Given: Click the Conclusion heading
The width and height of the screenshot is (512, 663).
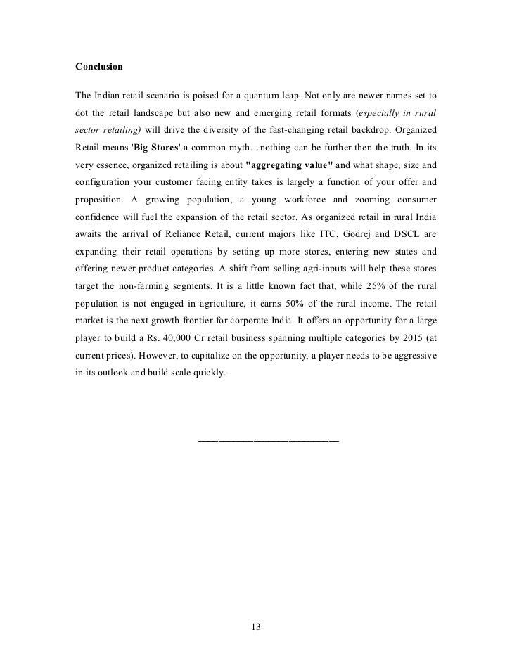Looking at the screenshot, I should pyautogui.click(x=99, y=67).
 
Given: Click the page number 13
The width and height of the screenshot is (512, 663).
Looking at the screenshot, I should pyautogui.click(x=256, y=627).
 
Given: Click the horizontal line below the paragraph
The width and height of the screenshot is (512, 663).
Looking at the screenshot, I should pyautogui.click(x=269, y=441).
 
